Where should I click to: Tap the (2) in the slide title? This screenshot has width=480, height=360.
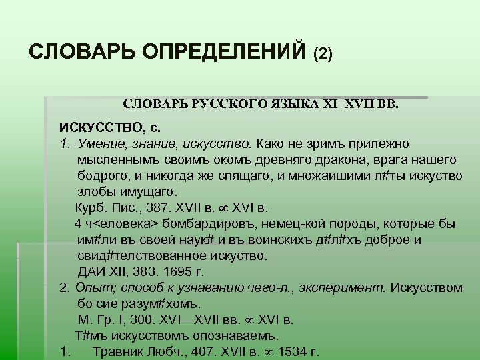point(327,53)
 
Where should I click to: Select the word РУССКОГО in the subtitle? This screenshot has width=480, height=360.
point(228,105)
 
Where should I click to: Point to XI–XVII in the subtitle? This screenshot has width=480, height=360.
point(343,105)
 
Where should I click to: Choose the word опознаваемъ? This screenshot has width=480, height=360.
point(236,335)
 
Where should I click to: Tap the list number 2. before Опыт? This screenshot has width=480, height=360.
point(64,288)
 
